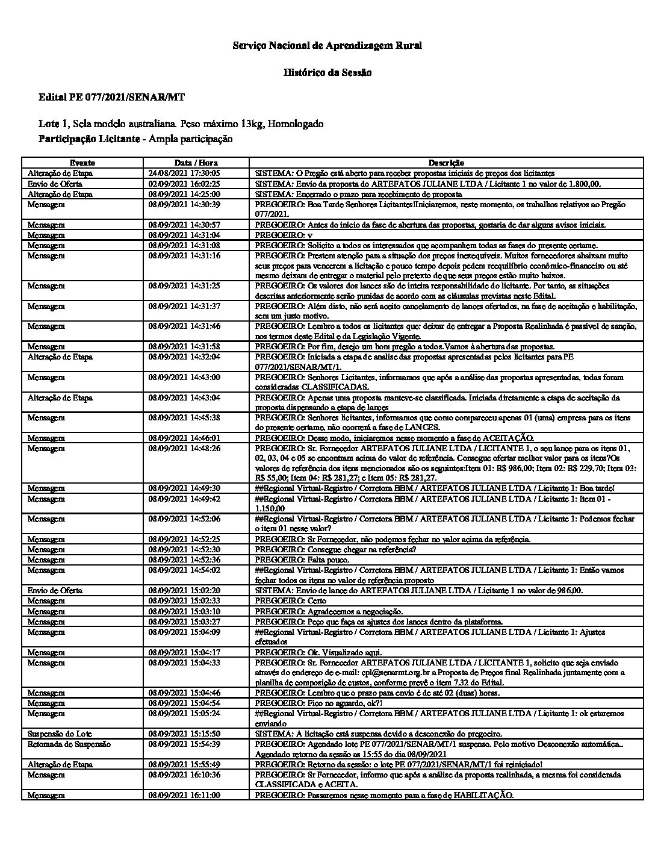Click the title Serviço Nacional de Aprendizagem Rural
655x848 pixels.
click(327, 45)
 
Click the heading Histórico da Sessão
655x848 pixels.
click(327, 72)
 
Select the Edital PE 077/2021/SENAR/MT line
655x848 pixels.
click(111, 97)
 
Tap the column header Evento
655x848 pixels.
click(82, 163)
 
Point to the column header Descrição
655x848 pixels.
click(446, 163)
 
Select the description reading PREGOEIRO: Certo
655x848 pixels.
click(291, 600)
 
